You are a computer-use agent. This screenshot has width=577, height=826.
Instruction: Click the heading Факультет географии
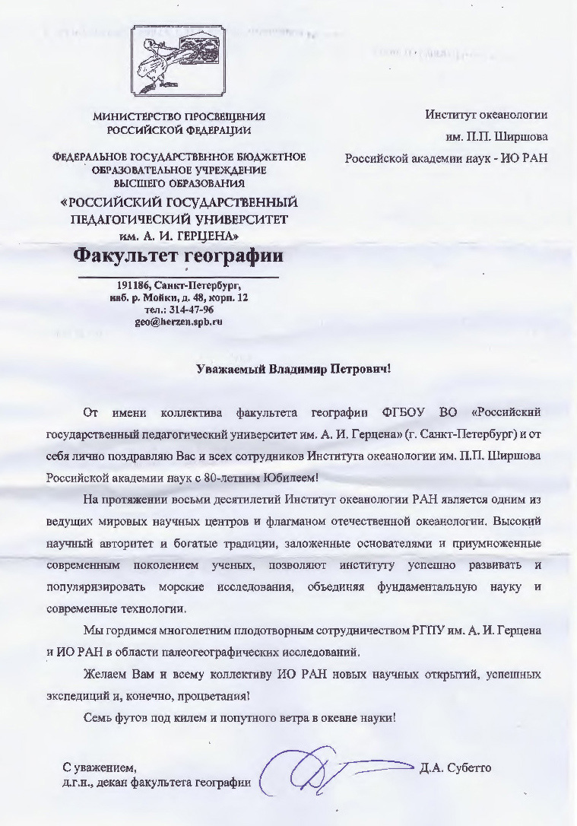pyautogui.click(x=178, y=255)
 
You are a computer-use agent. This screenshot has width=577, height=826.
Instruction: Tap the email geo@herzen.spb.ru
pyautogui.click(x=178, y=321)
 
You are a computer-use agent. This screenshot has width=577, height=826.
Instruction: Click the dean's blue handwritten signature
pyautogui.click(x=327, y=770)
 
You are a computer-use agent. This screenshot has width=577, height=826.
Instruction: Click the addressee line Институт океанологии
pyautogui.click(x=487, y=115)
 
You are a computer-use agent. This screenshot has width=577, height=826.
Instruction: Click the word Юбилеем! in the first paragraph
pyautogui.click(x=293, y=478)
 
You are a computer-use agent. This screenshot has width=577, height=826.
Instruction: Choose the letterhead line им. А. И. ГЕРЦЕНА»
pyautogui.click(x=179, y=235)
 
